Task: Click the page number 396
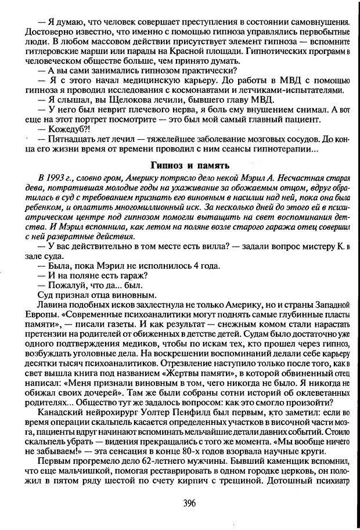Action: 180,504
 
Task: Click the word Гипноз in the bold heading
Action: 167,164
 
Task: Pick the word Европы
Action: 34,315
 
